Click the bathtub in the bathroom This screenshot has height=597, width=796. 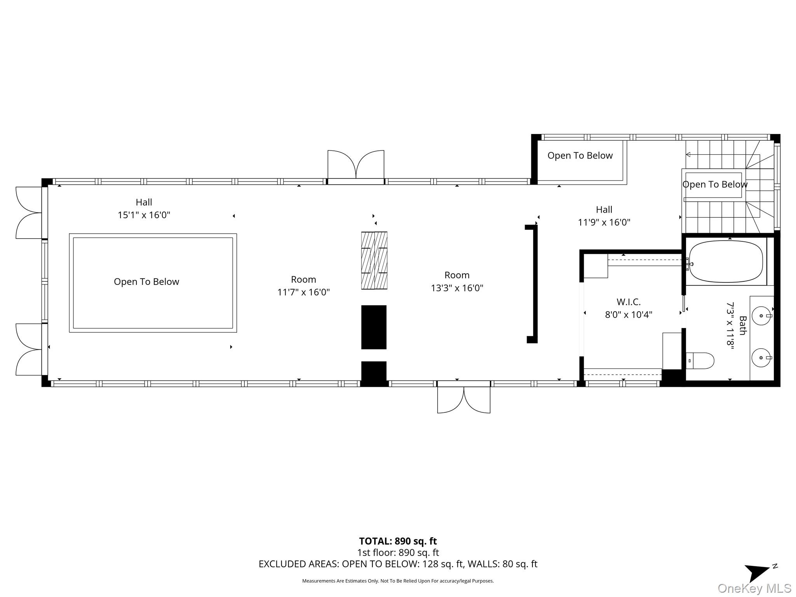tap(726, 262)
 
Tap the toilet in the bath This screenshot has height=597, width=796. tap(700, 361)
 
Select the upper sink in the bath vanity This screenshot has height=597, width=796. tap(761, 316)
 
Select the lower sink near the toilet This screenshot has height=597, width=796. tap(761, 358)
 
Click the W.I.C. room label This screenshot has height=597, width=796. tap(628, 302)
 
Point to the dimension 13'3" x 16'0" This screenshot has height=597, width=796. tap(457, 288)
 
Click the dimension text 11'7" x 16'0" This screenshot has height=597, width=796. tap(303, 292)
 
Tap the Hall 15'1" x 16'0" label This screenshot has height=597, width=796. tap(144, 208)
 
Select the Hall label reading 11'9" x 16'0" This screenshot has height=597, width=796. tap(604, 216)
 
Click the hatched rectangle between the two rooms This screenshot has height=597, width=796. tap(374, 260)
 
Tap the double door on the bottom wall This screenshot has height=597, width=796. tap(464, 399)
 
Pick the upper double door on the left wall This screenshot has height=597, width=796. tap(29, 213)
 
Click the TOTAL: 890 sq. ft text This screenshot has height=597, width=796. tap(398, 541)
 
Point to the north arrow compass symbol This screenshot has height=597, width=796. tap(758, 572)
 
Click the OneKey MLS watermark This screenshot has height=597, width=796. tap(754, 588)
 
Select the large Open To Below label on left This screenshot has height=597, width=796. tap(147, 282)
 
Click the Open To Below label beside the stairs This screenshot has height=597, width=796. tap(714, 184)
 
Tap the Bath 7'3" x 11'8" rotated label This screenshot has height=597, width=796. tap(737, 326)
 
